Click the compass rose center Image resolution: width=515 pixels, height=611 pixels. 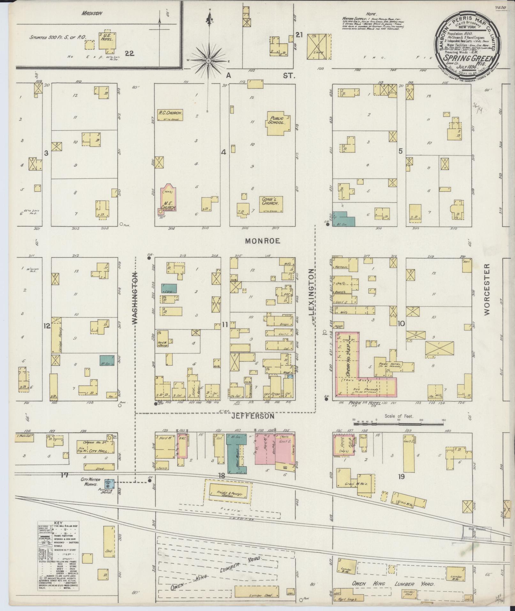click(x=208, y=61)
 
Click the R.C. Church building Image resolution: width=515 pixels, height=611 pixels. click(x=170, y=115)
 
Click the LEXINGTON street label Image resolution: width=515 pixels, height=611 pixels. click(x=312, y=292)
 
